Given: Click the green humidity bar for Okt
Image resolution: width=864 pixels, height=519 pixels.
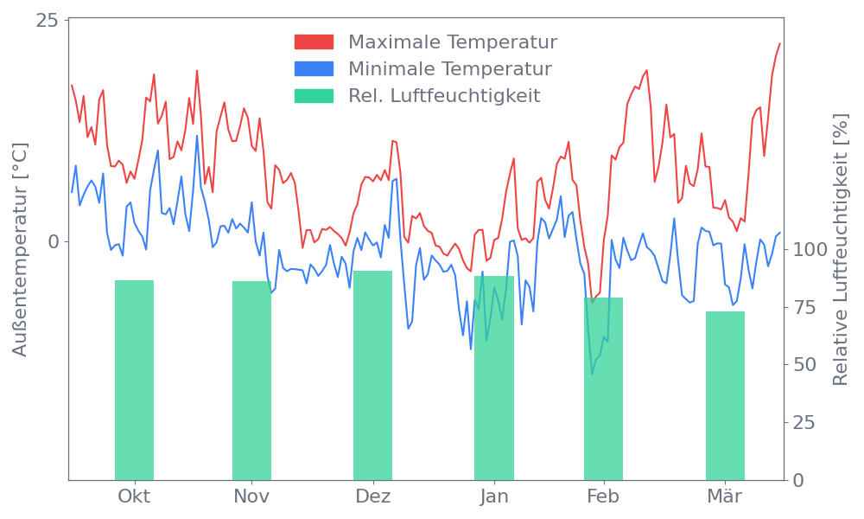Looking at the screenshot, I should [134, 381].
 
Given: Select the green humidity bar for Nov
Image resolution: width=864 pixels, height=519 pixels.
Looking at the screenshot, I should [251, 381].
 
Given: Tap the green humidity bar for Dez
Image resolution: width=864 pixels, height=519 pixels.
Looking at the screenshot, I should [372, 375].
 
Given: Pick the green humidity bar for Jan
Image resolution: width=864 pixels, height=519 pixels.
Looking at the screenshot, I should [494, 378].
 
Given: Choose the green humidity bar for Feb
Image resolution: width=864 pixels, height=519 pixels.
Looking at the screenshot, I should [603, 389].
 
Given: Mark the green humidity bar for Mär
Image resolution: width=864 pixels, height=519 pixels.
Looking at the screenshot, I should [725, 395].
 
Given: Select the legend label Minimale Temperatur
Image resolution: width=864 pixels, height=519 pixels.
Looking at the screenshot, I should [449, 69].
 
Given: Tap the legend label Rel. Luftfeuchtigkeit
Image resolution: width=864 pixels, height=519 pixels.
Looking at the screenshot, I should [444, 96].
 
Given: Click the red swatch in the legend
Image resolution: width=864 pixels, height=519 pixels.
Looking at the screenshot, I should [314, 42].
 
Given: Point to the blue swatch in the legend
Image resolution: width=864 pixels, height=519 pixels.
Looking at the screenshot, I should [314, 69].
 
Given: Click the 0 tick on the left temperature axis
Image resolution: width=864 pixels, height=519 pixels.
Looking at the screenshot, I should [54, 241].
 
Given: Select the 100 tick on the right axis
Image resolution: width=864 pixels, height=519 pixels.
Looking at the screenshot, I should [810, 250].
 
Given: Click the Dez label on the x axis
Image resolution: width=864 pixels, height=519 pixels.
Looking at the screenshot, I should [372, 497].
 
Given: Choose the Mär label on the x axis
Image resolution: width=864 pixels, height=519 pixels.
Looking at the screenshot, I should [725, 497].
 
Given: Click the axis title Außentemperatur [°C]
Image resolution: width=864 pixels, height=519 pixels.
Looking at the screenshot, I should [21, 250].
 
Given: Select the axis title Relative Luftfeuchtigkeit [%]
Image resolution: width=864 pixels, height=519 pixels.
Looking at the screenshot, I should [840, 250].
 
